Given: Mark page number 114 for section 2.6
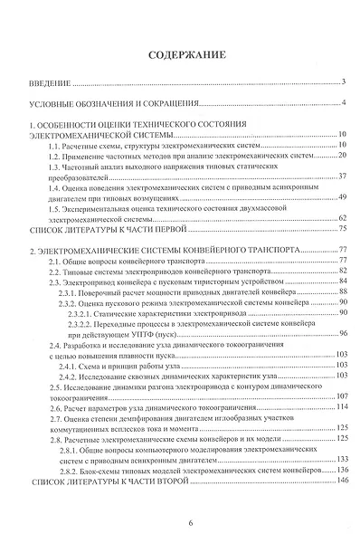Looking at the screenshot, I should click(x=341, y=407).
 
